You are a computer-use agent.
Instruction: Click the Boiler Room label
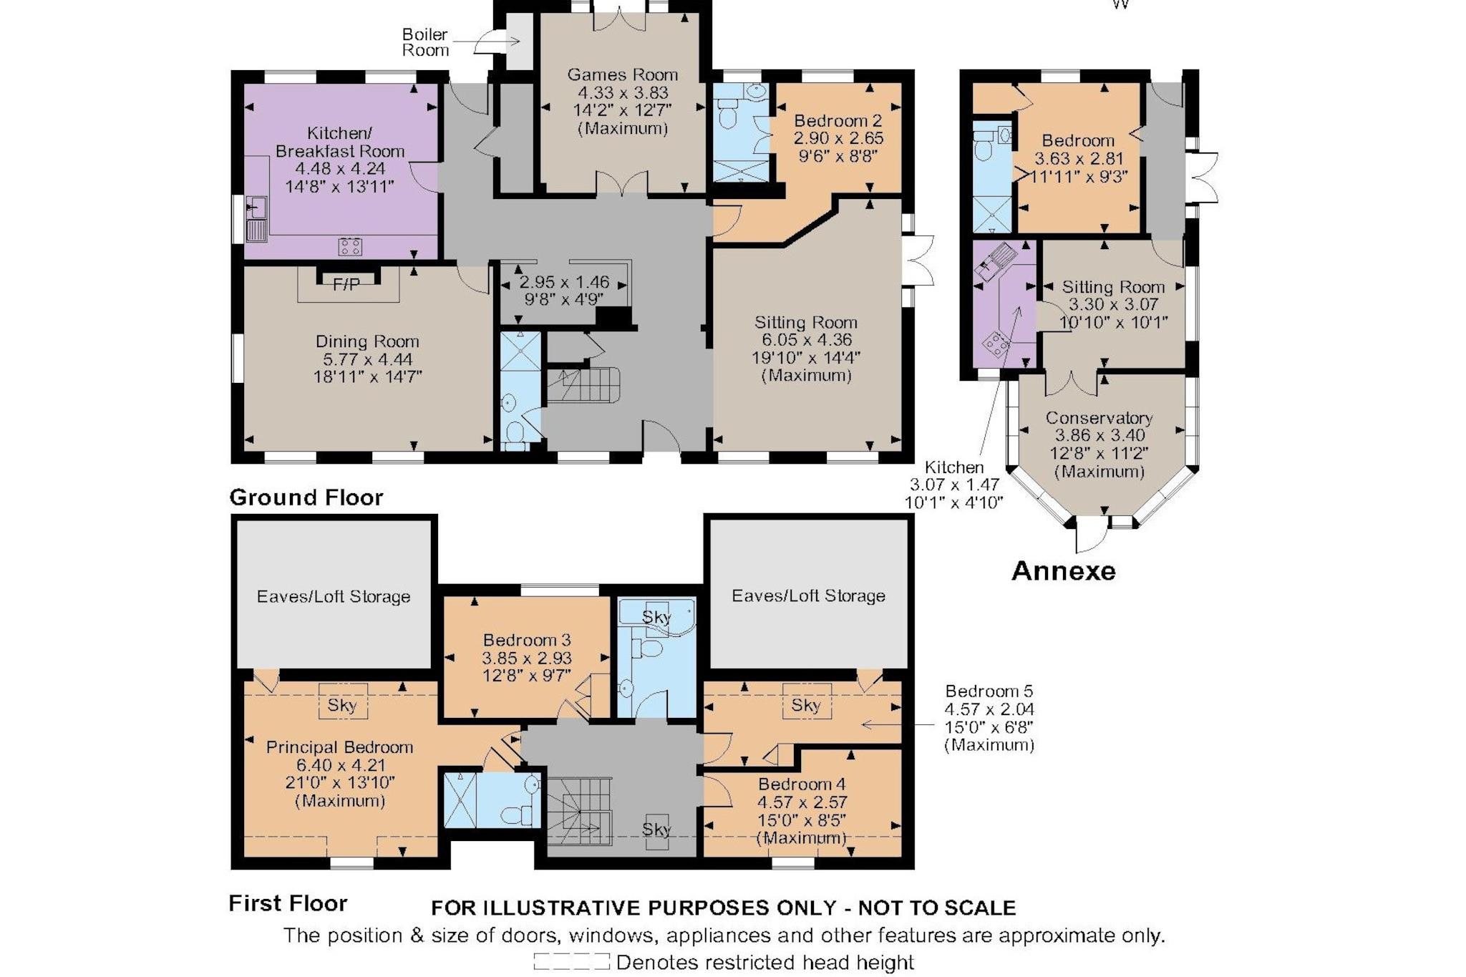[x=425, y=42]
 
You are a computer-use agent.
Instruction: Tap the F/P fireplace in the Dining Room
[x=347, y=284]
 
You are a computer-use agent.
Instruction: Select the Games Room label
[x=622, y=74]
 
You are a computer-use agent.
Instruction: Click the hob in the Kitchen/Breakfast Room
[x=350, y=246]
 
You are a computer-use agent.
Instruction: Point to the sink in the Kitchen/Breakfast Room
[x=256, y=218]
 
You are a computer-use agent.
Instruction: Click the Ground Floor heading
[x=306, y=497]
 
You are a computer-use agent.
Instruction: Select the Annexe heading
[x=1064, y=570]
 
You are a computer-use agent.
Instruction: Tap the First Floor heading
[x=288, y=903]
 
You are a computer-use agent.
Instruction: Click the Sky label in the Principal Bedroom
[x=342, y=705]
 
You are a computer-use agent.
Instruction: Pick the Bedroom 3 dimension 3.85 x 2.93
[x=527, y=658]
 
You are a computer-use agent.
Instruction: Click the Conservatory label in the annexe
[x=1099, y=418]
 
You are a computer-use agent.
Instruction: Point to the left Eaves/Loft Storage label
[x=334, y=596]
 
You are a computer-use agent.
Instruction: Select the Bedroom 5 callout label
[x=989, y=691]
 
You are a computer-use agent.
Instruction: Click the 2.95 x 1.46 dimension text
[x=564, y=282]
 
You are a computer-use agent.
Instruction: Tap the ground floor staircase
[x=582, y=385]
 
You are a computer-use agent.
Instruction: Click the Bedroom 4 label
[x=802, y=784]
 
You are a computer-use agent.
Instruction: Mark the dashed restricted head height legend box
[x=571, y=961]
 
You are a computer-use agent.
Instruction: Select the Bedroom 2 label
[x=838, y=120]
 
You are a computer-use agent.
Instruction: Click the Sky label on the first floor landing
[x=656, y=829]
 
